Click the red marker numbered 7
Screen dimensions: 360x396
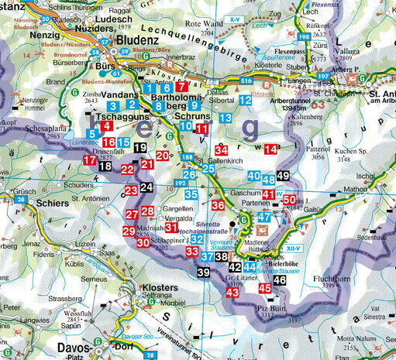181,87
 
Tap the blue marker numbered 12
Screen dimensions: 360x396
244,101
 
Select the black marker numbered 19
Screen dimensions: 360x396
139,148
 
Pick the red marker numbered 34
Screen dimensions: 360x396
222,149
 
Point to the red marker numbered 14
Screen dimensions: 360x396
270,149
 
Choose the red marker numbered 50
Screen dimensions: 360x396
288,201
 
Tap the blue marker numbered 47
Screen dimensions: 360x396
263,218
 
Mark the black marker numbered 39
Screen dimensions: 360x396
202,273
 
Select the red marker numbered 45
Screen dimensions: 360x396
264,288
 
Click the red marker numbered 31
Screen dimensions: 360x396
170,227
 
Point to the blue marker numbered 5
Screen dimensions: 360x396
92,134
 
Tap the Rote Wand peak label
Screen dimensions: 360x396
212,25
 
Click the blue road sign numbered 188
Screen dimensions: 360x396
187,157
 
